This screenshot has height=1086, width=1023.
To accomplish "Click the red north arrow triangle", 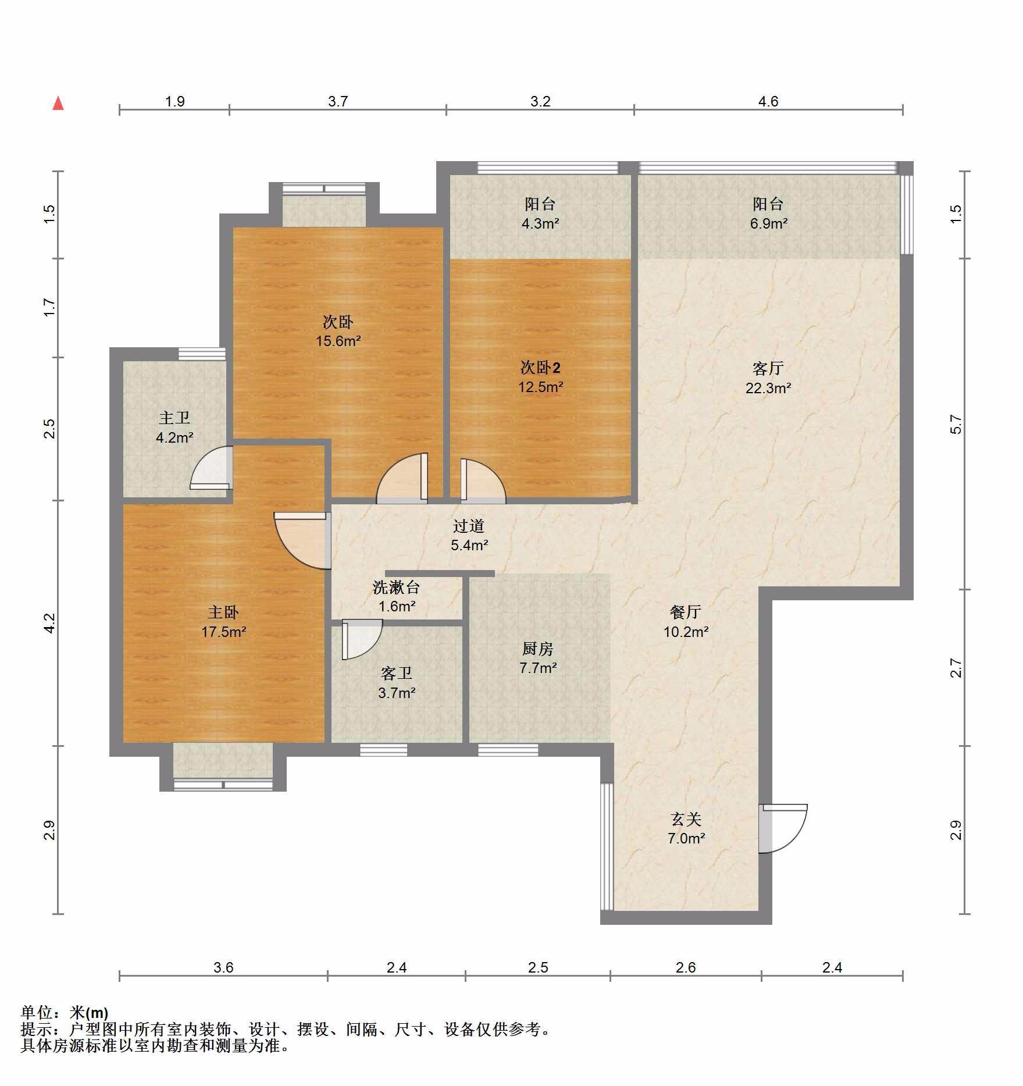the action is (58, 104).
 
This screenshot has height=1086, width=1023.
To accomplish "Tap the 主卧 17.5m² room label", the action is (224, 622).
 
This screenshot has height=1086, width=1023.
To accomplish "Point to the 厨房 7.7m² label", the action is (538, 658).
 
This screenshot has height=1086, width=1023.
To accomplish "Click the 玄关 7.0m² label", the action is (686, 828).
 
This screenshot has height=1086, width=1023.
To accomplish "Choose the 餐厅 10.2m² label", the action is (686, 621).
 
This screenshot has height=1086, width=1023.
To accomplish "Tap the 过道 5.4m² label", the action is (469, 535).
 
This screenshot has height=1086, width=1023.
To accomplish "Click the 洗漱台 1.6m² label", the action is (397, 597).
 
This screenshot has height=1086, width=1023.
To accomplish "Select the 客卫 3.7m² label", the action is (397, 683).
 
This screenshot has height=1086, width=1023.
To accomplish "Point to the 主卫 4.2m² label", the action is (174, 428).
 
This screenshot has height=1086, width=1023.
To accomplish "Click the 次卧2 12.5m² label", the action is (541, 377).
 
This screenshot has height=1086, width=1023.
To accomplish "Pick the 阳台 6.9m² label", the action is (768, 213).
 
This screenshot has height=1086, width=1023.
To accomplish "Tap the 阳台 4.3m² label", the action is (540, 213).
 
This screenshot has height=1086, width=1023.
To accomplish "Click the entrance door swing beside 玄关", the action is (783, 828).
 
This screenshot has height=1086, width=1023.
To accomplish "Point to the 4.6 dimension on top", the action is (768, 102).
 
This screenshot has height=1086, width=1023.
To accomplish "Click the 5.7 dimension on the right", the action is (956, 424).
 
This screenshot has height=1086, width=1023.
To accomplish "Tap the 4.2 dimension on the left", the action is (50, 623).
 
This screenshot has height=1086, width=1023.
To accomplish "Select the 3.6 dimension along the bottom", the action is (223, 967).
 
